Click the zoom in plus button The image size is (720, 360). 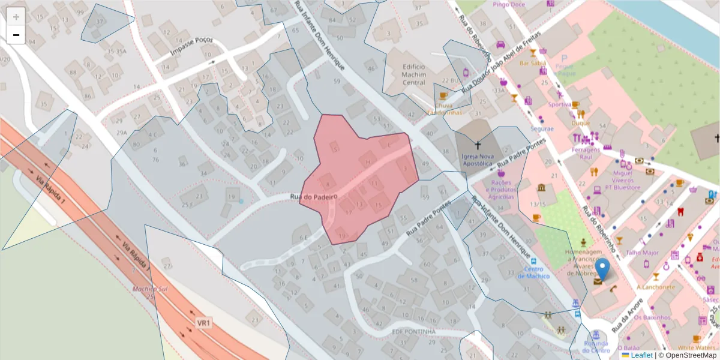coord(16,16)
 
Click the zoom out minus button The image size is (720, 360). coord(16,35)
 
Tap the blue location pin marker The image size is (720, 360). coord(602,270)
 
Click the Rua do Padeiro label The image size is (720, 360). coord(314,197)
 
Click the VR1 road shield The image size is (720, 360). coord(204,323)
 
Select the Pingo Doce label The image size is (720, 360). coord(509,4)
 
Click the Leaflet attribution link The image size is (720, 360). coord(641,355)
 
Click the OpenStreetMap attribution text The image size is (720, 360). coord(688,355)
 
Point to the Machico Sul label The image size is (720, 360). coord(150,289)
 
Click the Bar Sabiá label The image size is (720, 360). coord(532,62)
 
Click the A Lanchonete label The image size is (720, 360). coord(656,287)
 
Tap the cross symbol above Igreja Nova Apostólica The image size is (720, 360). coord(478,145)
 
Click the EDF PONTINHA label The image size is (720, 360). coord(413,331)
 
